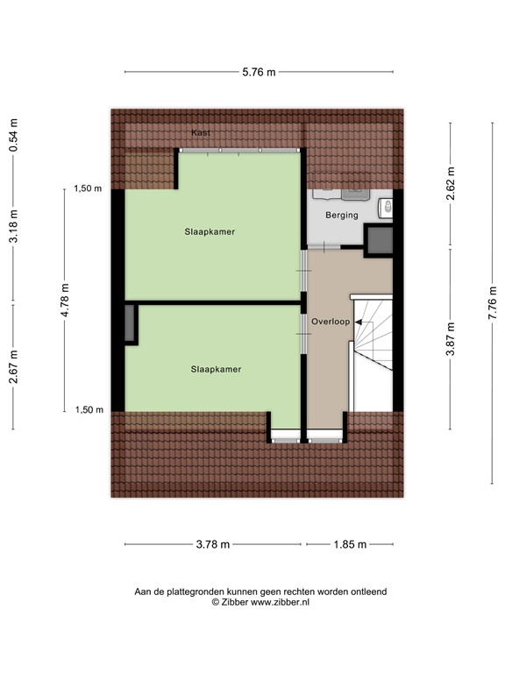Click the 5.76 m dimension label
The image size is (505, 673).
point(259,72)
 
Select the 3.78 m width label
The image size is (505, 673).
point(212,544)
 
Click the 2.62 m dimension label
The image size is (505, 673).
point(451,184)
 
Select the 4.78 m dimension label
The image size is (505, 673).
point(65,300)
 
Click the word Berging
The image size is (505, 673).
point(342,215)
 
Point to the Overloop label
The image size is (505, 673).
point(330,322)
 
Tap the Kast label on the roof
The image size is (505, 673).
point(203,132)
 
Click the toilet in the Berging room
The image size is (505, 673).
point(386,208)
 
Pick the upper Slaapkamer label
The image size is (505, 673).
point(210,231)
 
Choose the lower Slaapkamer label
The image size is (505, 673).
point(216,369)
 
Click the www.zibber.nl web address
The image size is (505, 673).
point(280,603)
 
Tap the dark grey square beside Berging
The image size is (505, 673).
point(380,240)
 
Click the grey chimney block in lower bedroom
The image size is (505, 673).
point(131,324)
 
